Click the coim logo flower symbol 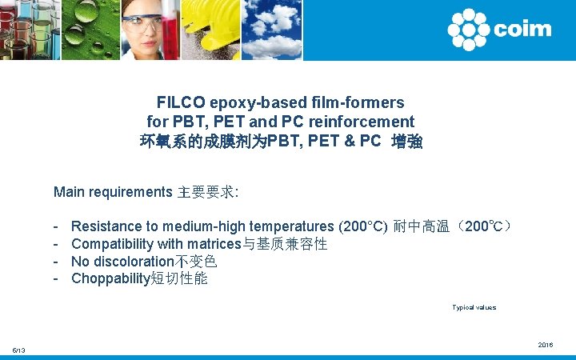[468, 30]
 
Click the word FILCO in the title [181, 103]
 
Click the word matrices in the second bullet [213, 244]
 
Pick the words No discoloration [122, 262]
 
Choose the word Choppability [110, 279]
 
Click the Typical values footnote [474, 307]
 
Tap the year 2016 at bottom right [546, 345]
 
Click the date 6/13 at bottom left [18, 350]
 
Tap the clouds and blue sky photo [270, 29]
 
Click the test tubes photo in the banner [28, 29]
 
